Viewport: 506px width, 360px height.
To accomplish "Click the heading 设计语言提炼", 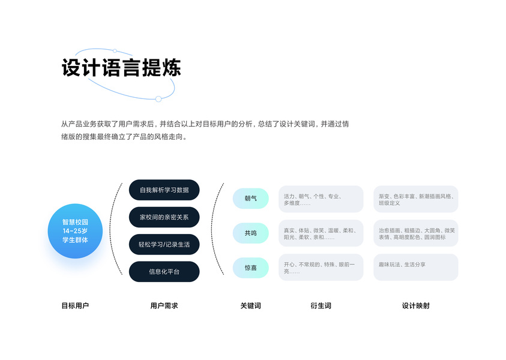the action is [x=121, y=68].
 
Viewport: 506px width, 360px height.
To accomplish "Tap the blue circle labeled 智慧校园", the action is [x=75, y=230].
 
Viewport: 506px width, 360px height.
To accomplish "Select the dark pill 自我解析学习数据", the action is [x=164, y=190].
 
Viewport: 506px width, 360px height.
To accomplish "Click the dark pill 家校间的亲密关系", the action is [x=164, y=217].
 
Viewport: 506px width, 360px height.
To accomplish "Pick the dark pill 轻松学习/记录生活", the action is [x=164, y=244].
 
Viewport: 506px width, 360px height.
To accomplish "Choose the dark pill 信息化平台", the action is [x=164, y=271].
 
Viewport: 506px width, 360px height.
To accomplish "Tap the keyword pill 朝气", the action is [x=250, y=198].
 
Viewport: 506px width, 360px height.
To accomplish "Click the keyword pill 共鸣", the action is [x=250, y=233].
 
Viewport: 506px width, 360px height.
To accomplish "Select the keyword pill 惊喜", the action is [x=250, y=268].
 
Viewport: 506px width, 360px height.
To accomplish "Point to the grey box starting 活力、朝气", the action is [x=321, y=199].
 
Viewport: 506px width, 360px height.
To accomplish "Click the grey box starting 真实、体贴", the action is [x=321, y=233].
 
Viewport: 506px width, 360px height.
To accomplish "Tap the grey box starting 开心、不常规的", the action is [x=321, y=267].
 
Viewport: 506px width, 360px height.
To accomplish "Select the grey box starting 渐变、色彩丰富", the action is [x=415, y=199].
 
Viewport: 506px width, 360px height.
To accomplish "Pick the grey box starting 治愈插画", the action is [x=415, y=233].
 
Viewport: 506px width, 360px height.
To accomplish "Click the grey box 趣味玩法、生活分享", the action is [x=415, y=267].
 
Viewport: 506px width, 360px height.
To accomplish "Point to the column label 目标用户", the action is [x=75, y=305].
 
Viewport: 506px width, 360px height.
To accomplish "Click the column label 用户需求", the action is [x=164, y=305].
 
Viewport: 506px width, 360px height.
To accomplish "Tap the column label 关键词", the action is [x=250, y=305].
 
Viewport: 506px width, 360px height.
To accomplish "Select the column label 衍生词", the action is [x=321, y=305].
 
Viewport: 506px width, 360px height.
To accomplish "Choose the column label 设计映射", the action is [x=415, y=305].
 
